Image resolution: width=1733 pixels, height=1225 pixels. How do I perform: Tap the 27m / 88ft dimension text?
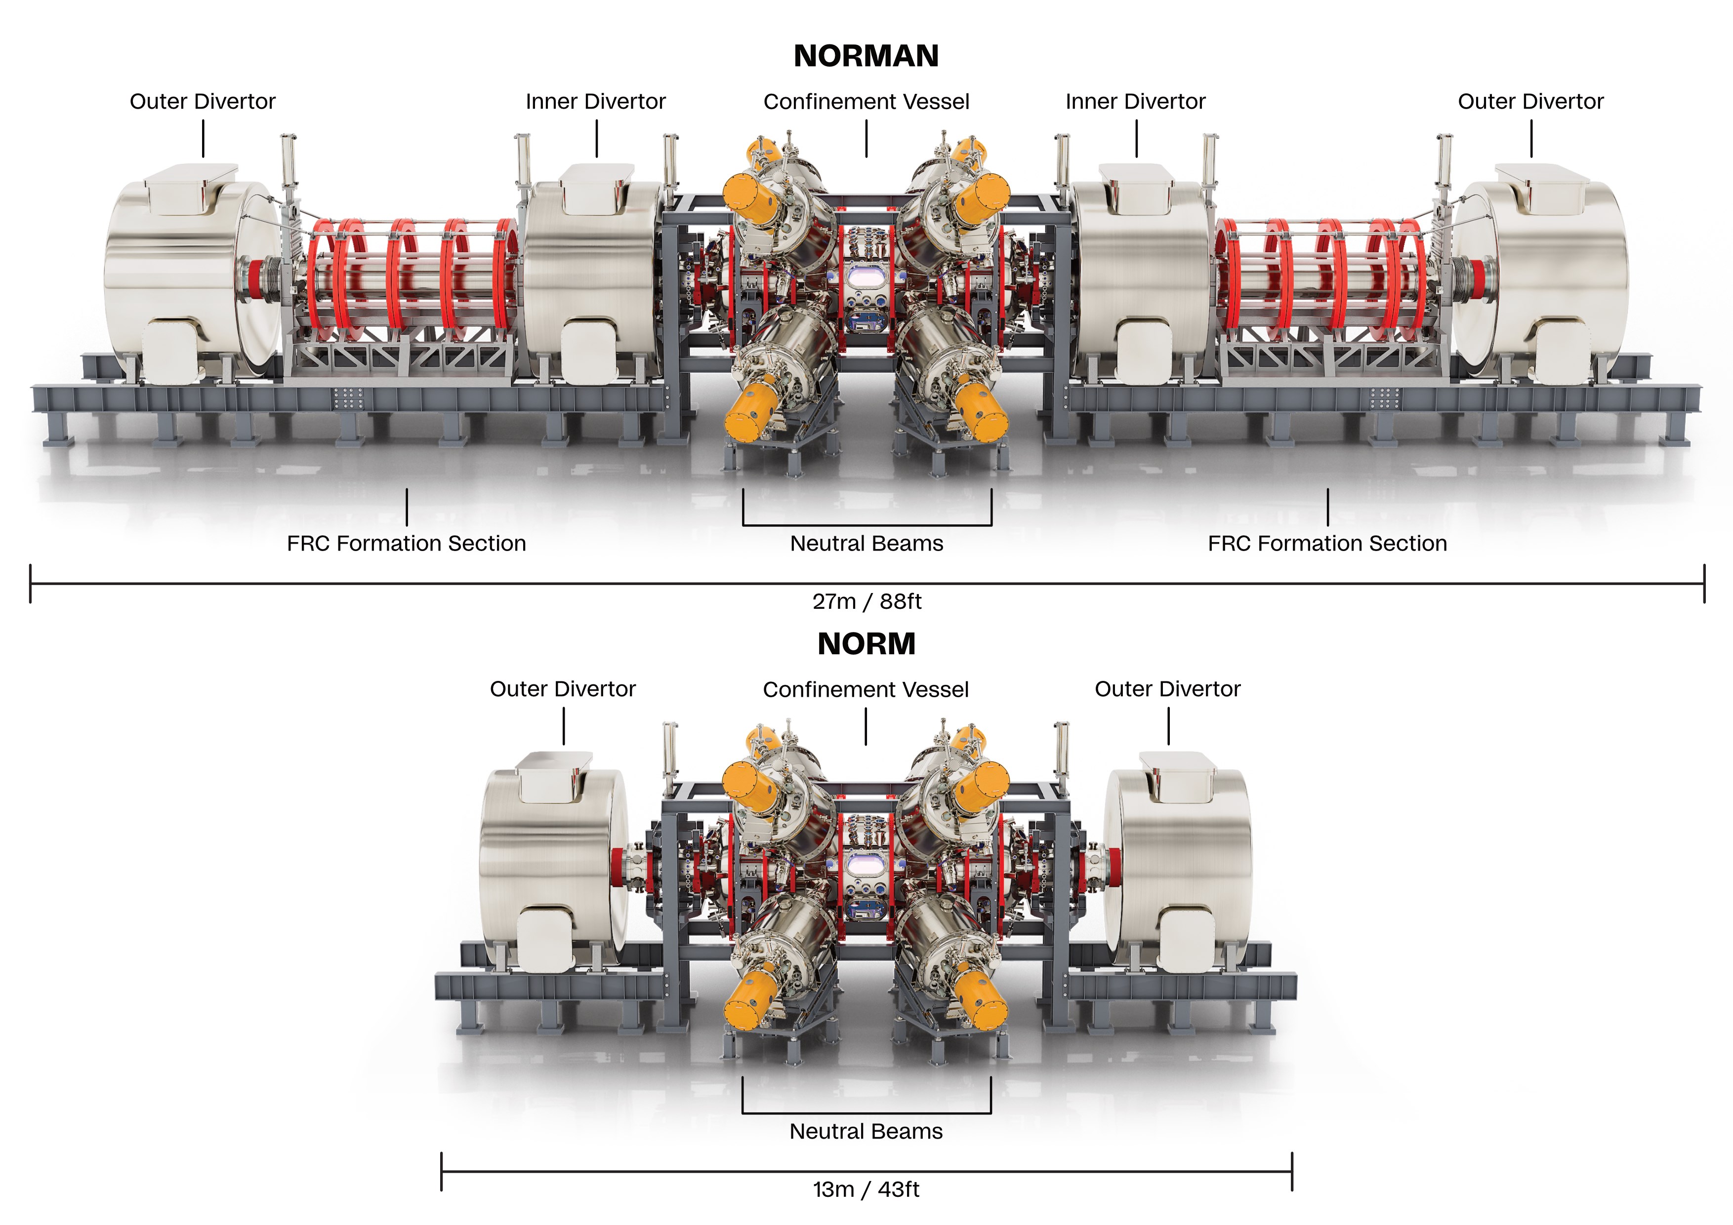pyautogui.click(x=866, y=601)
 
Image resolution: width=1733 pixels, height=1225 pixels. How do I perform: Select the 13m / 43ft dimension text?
pyautogui.click(x=866, y=1189)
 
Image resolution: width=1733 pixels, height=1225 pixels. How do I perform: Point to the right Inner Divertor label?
pyautogui.click(x=1135, y=101)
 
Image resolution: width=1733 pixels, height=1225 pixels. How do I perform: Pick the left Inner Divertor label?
pyautogui.click(x=595, y=101)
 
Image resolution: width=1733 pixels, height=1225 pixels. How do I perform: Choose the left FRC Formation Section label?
pyautogui.click(x=406, y=543)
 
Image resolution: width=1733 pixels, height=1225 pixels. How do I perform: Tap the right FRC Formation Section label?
pyautogui.click(x=1327, y=543)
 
